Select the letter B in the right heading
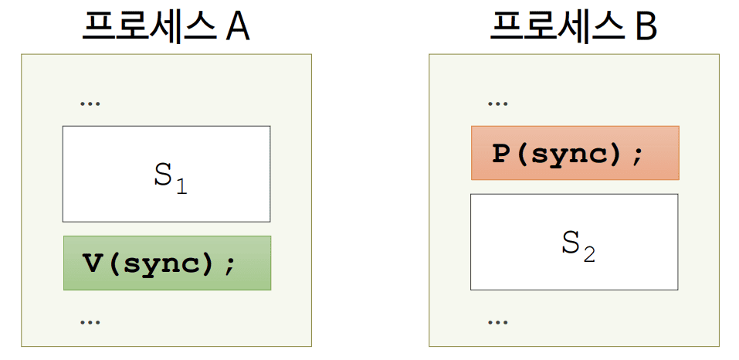(x=646, y=28)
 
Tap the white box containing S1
(x=166, y=174)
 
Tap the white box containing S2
(x=574, y=242)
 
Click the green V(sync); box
(x=167, y=263)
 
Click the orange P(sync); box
(x=575, y=153)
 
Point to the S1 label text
(x=171, y=176)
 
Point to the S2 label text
(x=578, y=246)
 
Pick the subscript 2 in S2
(x=589, y=255)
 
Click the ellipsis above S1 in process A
(x=90, y=103)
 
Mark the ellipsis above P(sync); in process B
(x=497, y=103)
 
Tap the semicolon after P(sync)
(x=636, y=155)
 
